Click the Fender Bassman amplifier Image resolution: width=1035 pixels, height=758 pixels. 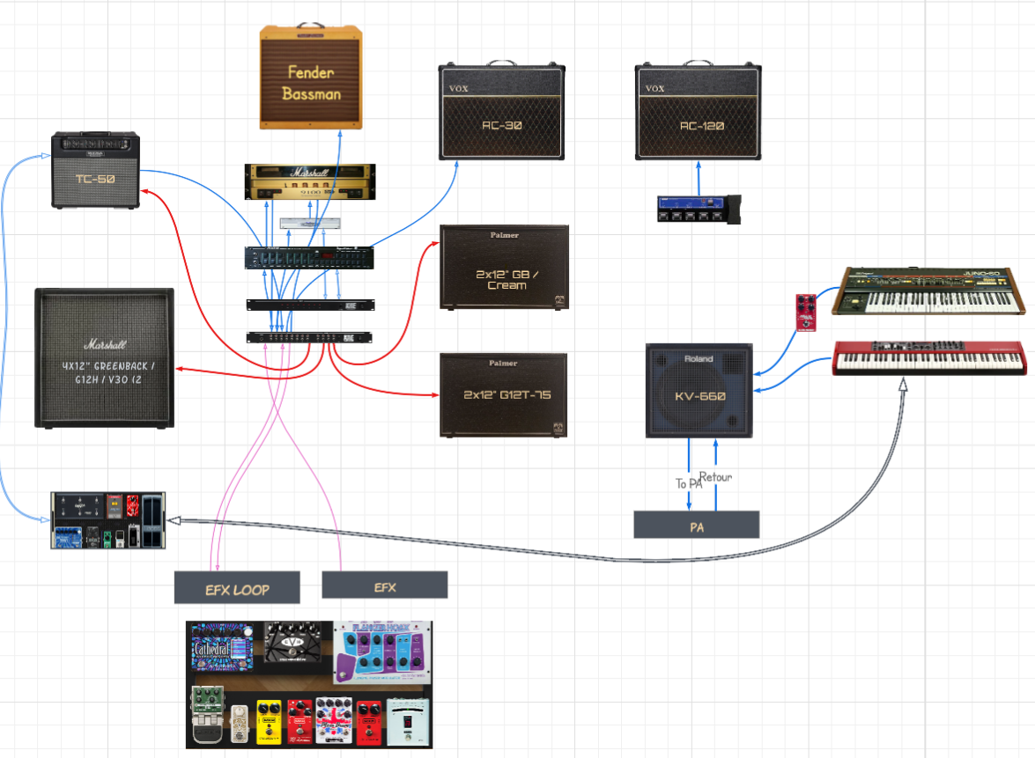point(311,78)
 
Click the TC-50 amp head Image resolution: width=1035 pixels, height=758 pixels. point(96,171)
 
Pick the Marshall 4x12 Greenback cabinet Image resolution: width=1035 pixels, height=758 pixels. point(105,357)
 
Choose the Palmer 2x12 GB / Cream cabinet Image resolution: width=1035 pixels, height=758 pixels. point(503,268)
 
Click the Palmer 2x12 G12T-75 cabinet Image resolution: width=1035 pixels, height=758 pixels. point(503,395)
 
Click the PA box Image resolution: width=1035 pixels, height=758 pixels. point(696,525)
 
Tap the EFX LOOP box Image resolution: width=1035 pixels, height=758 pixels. point(237,587)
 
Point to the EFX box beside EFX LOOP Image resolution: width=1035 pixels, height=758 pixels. point(385,585)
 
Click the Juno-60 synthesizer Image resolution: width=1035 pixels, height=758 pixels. point(931,291)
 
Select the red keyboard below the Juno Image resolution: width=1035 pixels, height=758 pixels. point(928,357)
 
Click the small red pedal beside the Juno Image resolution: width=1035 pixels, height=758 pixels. point(804,313)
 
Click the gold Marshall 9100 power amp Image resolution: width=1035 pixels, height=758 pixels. point(310,181)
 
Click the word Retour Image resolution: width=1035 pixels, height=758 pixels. point(715,477)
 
